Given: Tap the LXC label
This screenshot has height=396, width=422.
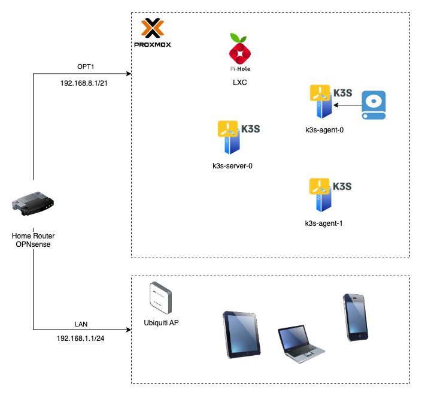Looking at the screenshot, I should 239,82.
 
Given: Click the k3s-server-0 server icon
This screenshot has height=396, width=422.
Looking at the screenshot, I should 232,138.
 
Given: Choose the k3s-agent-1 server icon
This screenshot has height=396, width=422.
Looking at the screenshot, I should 322,195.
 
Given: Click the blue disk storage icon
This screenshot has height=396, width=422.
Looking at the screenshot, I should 374,105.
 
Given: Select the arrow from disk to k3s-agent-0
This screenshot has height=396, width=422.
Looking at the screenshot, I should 348,105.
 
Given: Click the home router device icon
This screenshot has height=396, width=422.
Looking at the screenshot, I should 32,204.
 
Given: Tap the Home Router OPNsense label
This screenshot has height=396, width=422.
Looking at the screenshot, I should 32,240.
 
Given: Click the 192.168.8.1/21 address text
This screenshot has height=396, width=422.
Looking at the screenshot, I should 86,84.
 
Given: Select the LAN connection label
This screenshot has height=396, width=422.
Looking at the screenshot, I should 81,324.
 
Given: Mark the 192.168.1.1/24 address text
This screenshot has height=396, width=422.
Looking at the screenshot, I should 81,338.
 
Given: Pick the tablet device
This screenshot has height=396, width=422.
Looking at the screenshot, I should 242,334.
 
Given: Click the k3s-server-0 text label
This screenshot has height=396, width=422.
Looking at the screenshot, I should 232,165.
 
